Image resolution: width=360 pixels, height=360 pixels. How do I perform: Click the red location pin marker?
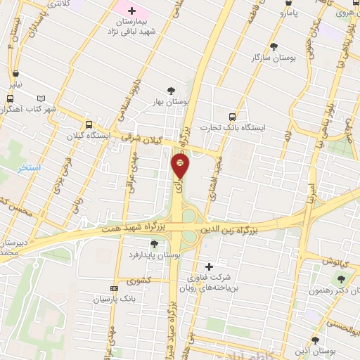tap(180, 166)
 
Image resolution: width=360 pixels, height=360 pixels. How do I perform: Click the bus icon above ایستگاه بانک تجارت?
tap(233, 117)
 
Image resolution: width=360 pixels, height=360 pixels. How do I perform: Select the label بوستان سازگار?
tap(274, 57)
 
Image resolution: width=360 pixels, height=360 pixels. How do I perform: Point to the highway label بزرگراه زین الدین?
tap(229, 229)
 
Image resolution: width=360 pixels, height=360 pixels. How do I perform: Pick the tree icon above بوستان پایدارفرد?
tap(154, 244)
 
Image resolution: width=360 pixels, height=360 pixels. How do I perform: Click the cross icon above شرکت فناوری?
tap(208, 266)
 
